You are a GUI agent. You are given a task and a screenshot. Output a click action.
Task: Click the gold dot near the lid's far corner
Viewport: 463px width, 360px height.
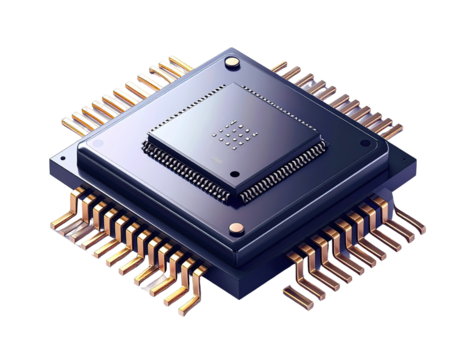click(x=233, y=64)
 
